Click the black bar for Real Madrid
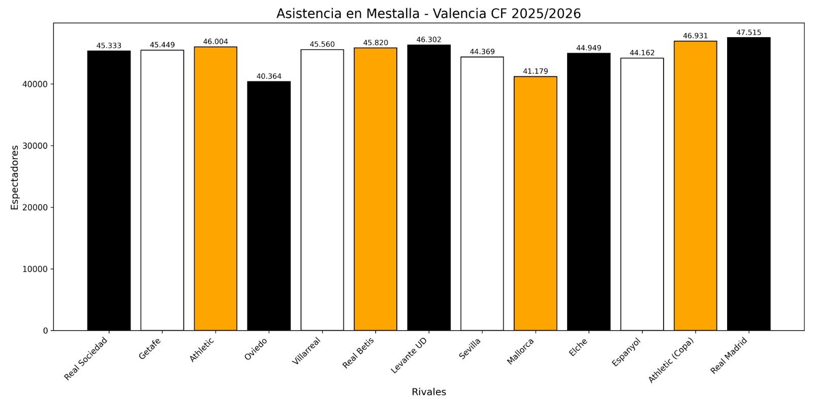tap(748, 183)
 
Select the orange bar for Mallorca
tap(535, 203)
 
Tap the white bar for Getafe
tap(162, 191)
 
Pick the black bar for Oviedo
tap(269, 206)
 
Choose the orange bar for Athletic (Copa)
tap(695, 186)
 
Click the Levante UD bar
tap(429, 188)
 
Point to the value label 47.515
tap(748, 33)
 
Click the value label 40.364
tap(269, 76)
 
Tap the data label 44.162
tap(642, 53)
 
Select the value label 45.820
tap(376, 43)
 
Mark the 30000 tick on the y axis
tap(37, 146)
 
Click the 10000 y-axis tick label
tap(37, 269)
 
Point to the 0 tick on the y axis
tap(46, 331)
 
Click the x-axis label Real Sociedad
tap(86, 358)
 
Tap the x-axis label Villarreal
tap(306, 351)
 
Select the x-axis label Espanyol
tap(626, 351)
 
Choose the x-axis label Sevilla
tap(470, 348)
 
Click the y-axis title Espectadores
tap(15, 177)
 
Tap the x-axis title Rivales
tap(429, 392)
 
